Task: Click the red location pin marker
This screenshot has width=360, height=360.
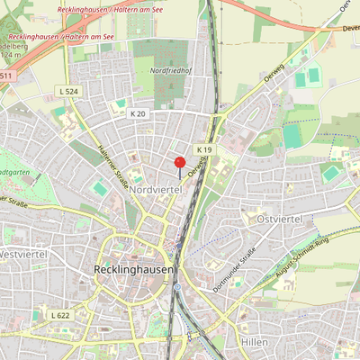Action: pyautogui.click(x=179, y=163)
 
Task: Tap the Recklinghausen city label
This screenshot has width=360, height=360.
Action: pyautogui.click(x=133, y=269)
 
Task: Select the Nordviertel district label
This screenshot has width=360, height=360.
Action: pyautogui.click(x=156, y=191)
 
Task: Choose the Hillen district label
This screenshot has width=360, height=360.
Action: pyautogui.click(x=256, y=343)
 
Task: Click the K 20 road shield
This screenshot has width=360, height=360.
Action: pyautogui.click(x=137, y=113)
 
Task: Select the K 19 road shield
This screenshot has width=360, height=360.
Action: pyautogui.click(x=205, y=149)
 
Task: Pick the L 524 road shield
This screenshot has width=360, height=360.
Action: pyautogui.click(x=67, y=92)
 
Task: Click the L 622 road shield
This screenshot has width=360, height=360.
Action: pyautogui.click(x=60, y=315)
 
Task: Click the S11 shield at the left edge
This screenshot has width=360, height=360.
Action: pyautogui.click(x=7, y=76)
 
